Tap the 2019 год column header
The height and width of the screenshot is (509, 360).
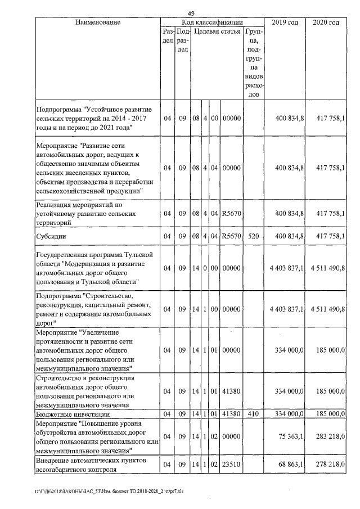click(285, 22)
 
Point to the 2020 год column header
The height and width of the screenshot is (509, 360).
click(326, 22)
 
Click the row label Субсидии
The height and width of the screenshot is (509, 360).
click(51, 236)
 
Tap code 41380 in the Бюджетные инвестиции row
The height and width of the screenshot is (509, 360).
click(231, 414)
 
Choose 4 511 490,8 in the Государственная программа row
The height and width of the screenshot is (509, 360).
click(327, 268)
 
